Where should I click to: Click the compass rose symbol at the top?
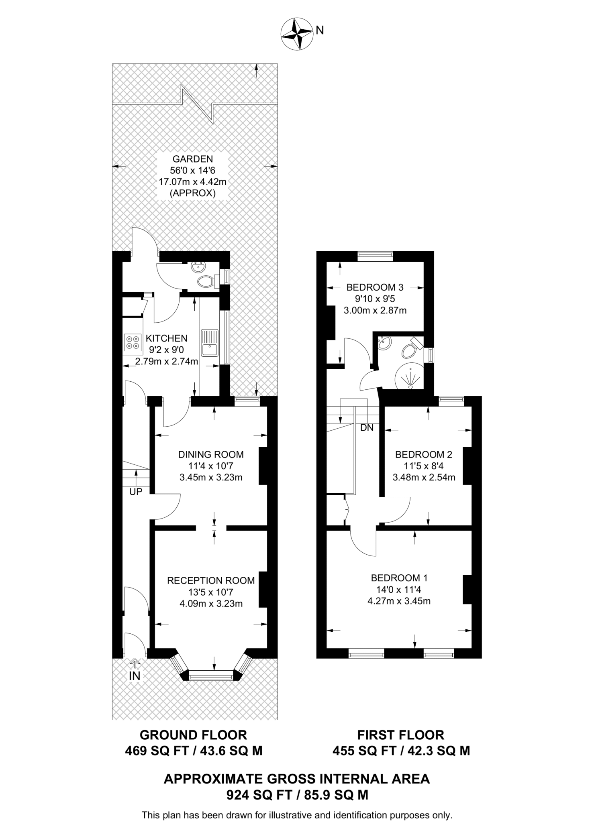(x=297, y=34)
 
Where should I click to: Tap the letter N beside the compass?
(x=320, y=31)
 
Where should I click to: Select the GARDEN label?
(x=193, y=159)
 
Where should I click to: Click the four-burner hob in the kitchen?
(x=133, y=342)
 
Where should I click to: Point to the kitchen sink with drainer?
(x=210, y=343)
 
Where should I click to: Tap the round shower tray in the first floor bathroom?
(x=410, y=377)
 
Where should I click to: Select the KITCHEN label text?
(x=166, y=338)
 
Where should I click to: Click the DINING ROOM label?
(x=211, y=454)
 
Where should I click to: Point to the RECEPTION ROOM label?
(x=211, y=580)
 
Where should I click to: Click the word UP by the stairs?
(x=136, y=492)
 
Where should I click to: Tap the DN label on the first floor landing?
(x=367, y=428)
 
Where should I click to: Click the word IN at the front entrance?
(x=135, y=676)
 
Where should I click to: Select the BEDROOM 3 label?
(x=375, y=287)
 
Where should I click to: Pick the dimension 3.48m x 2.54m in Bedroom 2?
(x=424, y=478)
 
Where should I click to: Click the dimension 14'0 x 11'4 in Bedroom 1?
(x=399, y=590)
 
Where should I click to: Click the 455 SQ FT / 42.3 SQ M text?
(x=401, y=751)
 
